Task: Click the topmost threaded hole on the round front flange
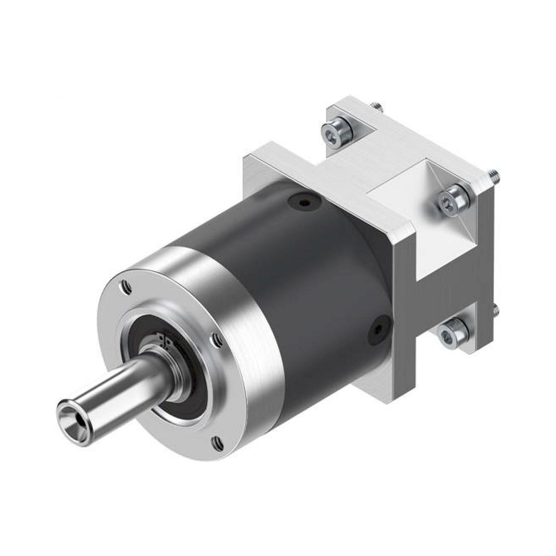click(126, 287)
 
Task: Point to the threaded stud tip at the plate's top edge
click(378, 106)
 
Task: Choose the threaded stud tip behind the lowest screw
click(496, 310)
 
